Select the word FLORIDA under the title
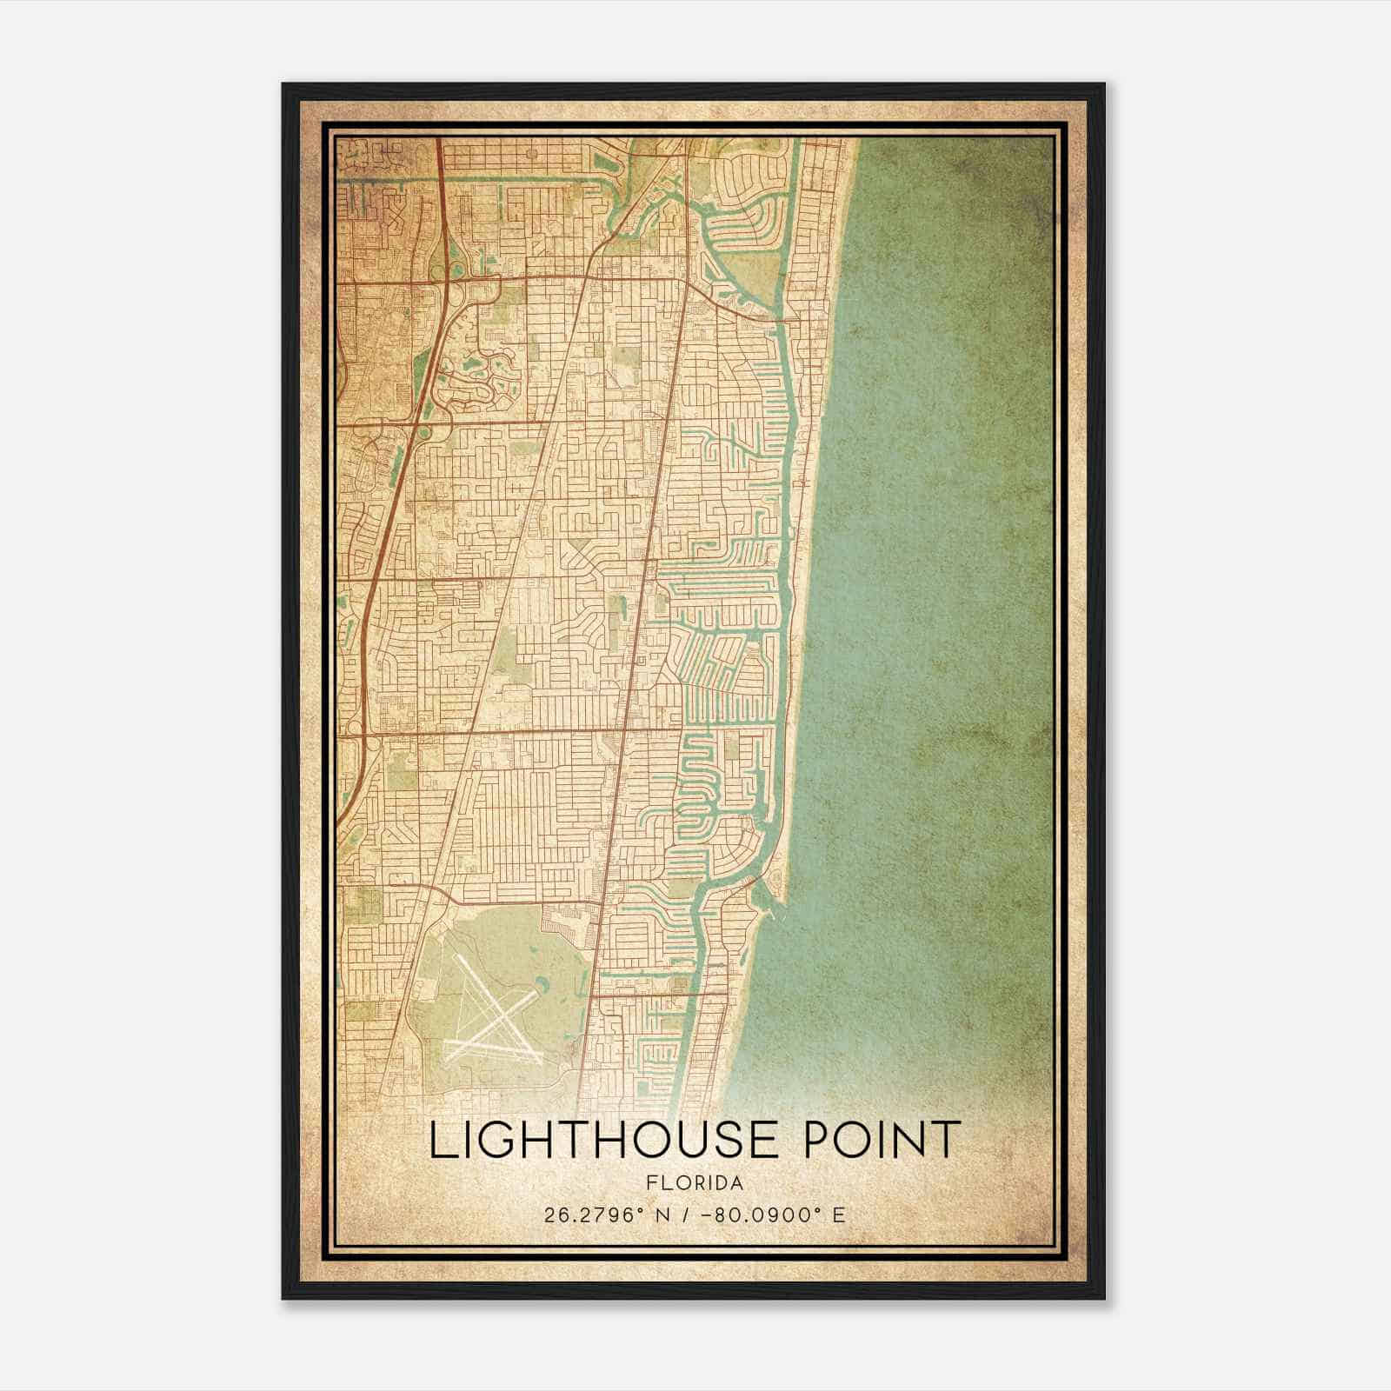coord(695,1183)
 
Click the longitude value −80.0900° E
coord(766,1215)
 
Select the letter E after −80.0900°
coord(838,1215)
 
